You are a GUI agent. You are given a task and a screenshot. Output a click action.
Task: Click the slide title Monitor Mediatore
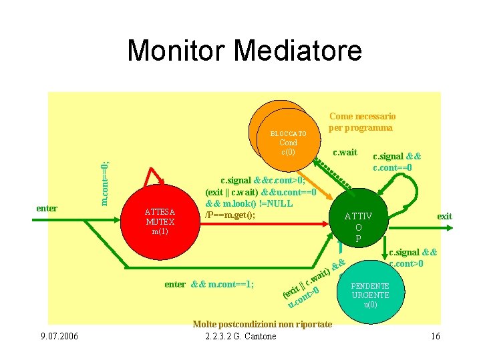click(244, 51)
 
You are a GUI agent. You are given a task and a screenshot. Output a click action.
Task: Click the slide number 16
click(436, 336)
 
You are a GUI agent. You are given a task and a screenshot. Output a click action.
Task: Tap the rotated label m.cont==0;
click(106, 183)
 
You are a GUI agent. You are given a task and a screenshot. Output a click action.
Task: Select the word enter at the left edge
click(47, 209)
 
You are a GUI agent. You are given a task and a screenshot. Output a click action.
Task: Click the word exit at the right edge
click(444, 216)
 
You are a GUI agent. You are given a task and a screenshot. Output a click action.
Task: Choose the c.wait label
click(345, 153)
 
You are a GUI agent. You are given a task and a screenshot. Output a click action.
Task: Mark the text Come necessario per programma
click(361, 121)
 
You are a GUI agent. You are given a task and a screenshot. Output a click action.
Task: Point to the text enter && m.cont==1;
click(208, 285)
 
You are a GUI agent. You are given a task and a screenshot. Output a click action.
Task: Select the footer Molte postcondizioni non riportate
click(262, 324)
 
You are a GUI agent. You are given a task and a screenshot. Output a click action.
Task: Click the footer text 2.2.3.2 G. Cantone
click(240, 336)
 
